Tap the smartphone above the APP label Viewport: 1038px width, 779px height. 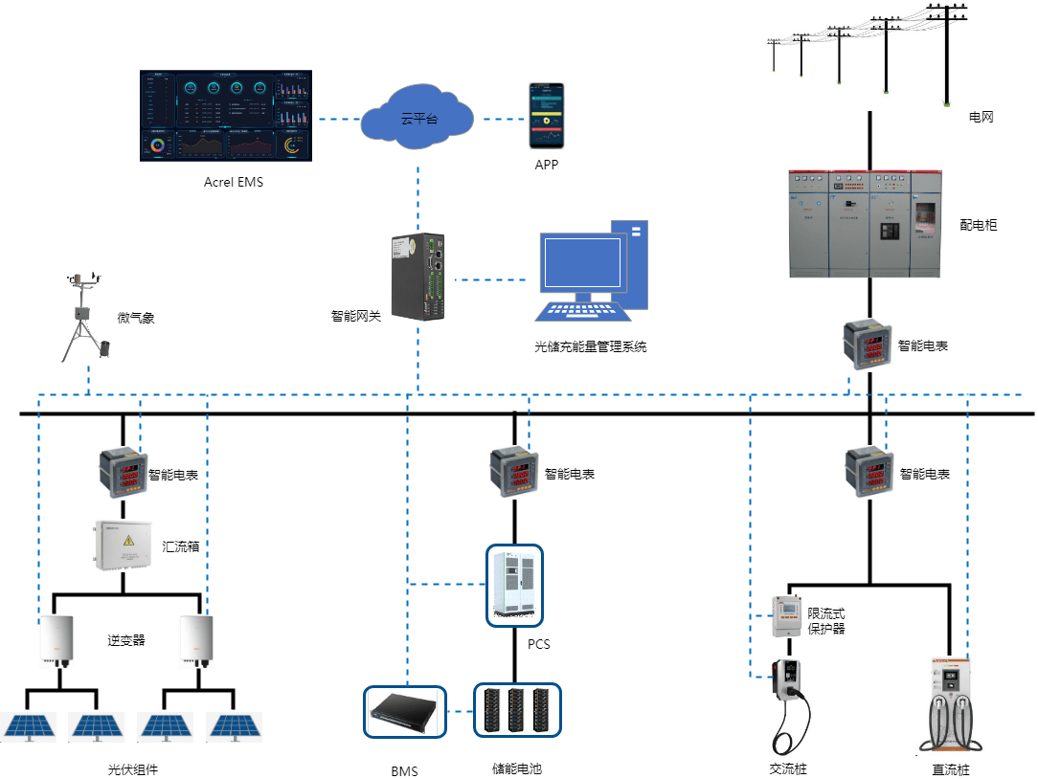pos(548,116)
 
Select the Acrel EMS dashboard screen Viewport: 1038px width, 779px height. pos(226,115)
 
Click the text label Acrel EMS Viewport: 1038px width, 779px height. pos(233,182)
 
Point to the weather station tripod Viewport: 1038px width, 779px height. pos(83,320)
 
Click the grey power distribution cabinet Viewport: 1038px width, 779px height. pos(866,223)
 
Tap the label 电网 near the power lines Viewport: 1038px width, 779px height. pos(982,118)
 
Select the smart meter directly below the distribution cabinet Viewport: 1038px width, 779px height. pos(868,345)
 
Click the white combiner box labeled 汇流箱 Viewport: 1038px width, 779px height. pos(123,545)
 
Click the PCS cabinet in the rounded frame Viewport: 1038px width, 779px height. pos(514,585)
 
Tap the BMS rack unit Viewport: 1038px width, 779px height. pos(405,711)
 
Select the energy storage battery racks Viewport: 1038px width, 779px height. pos(517,711)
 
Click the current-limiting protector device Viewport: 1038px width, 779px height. pos(786,617)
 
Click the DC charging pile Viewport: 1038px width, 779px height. pos(951,703)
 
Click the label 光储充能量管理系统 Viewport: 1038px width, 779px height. pos(590,346)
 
